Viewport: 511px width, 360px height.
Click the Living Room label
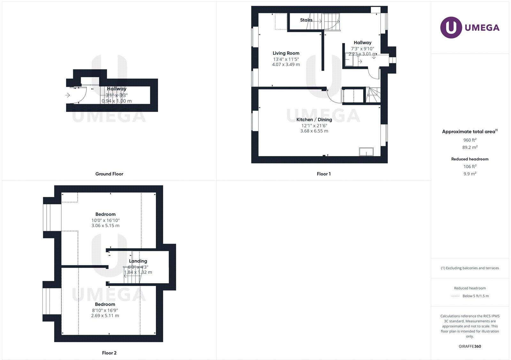(286, 53)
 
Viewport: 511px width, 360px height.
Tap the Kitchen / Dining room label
(314, 120)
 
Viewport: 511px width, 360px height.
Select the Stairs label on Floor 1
(306, 20)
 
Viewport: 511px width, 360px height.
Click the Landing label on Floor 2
(138, 261)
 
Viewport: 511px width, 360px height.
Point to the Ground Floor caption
(109, 174)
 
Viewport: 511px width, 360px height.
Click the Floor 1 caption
(324, 174)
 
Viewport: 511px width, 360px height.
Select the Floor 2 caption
(109, 353)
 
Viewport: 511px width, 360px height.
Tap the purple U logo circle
(451, 27)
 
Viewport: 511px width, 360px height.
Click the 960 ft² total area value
(470, 140)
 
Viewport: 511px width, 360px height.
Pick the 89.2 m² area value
(470, 147)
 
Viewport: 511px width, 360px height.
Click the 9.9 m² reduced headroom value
(470, 174)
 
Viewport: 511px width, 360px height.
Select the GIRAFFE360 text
(470, 346)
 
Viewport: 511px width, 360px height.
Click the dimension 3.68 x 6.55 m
(314, 131)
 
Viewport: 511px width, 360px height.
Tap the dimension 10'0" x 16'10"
(105, 220)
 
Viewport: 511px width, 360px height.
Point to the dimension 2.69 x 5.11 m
(105, 316)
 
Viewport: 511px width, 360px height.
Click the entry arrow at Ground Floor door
(68, 95)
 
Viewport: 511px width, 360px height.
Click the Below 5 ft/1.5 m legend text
(476, 296)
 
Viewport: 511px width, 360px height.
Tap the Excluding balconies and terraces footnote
(470, 268)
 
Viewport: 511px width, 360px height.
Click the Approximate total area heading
(469, 131)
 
